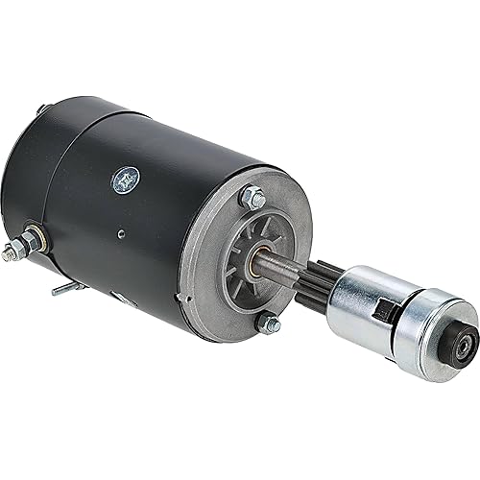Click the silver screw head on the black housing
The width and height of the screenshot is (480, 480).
125,178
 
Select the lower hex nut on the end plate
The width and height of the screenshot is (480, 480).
272,324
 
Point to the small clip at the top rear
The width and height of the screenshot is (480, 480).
41,109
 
